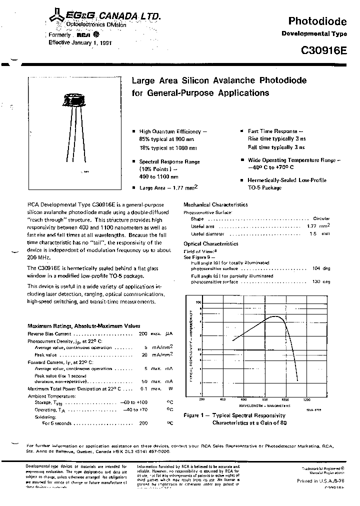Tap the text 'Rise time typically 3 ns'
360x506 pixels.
[276, 139]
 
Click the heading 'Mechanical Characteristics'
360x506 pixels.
[215, 204]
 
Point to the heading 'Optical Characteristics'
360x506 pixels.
[210, 243]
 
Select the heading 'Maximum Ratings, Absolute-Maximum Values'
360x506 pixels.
[84, 325]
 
